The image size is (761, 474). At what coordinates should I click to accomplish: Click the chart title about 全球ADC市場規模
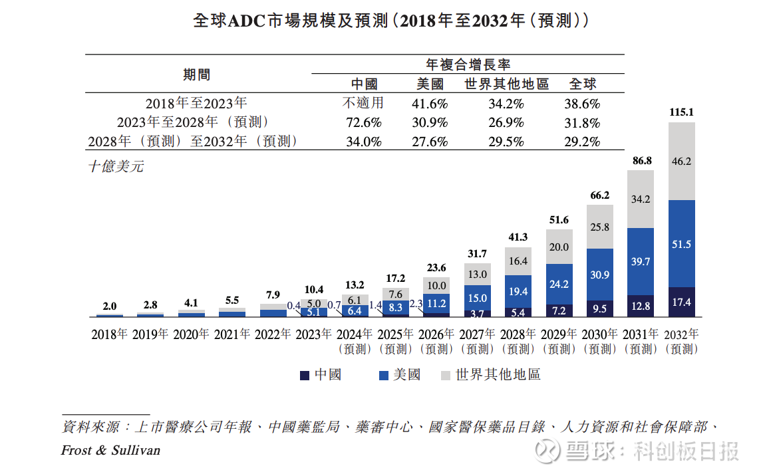[390, 21]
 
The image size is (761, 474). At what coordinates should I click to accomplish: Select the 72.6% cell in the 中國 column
[363, 123]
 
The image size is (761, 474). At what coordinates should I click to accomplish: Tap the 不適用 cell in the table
[363, 104]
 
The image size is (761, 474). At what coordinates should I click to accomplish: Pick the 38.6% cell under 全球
[585, 104]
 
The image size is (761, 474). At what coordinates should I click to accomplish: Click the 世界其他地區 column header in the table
[506, 84]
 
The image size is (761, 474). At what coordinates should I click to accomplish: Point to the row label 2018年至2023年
[196, 104]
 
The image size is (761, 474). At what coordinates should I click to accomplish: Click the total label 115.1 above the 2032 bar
[681, 112]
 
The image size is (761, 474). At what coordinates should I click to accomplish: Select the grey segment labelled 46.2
[681, 161]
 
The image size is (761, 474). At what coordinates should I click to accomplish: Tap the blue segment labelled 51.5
[681, 244]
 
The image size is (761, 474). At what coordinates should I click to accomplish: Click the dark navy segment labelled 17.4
[681, 302]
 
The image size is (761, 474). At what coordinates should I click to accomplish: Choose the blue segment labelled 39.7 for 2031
[641, 262]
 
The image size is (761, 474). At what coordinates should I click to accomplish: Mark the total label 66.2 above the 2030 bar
[600, 195]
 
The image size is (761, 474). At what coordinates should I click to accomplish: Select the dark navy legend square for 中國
[305, 376]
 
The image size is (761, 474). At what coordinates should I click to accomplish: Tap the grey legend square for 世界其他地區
[446, 376]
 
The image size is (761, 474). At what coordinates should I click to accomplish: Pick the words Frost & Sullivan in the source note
[110, 451]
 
